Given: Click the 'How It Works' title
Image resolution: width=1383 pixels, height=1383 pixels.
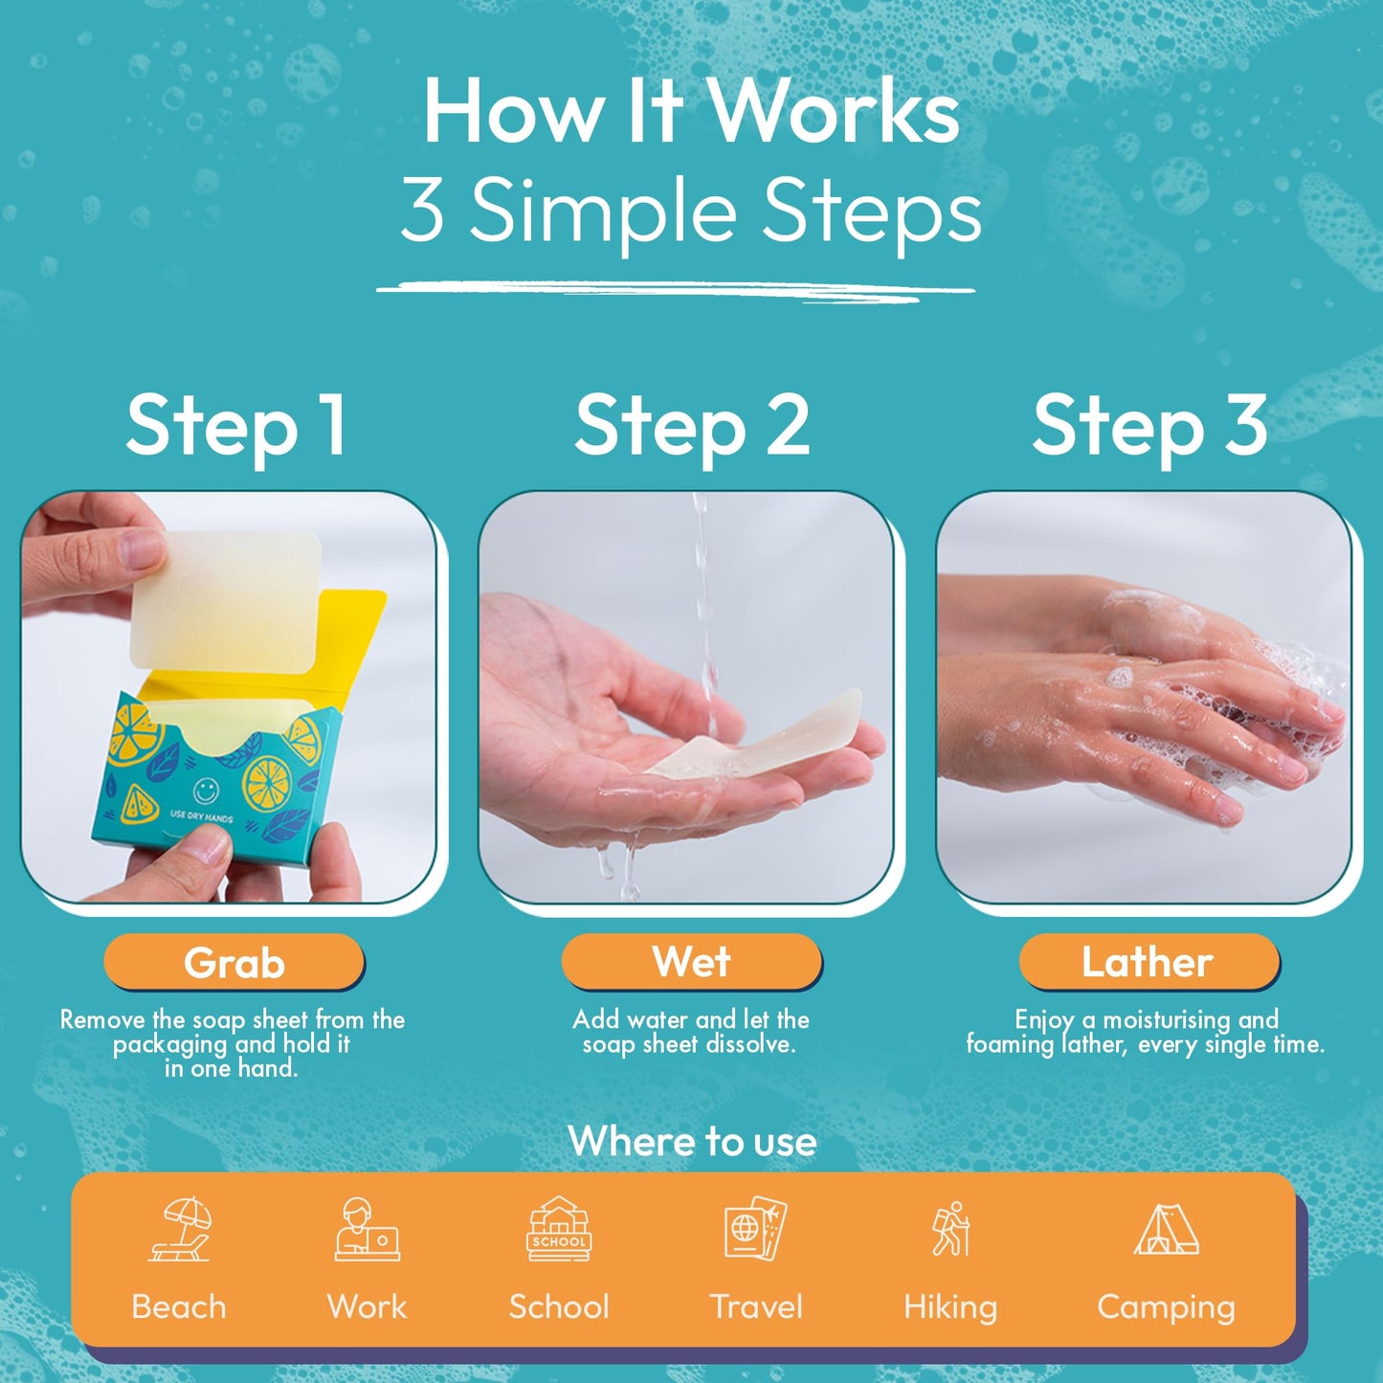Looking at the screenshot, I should point(691,112).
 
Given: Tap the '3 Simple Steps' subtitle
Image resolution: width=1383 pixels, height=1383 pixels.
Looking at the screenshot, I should point(691,211).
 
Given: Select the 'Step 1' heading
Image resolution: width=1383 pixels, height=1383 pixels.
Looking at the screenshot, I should point(235,426).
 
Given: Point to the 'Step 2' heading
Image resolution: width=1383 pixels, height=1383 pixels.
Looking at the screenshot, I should point(692,426).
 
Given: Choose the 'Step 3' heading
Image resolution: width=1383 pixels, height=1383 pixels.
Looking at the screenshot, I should point(1149,426).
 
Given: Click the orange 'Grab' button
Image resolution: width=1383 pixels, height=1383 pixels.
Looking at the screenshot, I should point(234,963).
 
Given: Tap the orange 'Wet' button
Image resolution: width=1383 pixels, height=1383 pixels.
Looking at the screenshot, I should point(691,961).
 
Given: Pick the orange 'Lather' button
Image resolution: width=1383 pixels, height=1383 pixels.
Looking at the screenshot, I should point(1148,961).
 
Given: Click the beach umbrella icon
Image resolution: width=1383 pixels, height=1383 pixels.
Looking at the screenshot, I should point(180,1229).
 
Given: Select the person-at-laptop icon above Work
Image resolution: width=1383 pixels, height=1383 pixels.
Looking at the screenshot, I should point(367,1229).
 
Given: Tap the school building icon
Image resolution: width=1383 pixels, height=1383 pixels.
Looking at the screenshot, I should point(560,1229).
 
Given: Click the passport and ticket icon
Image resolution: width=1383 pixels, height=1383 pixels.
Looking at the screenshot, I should point(755,1229).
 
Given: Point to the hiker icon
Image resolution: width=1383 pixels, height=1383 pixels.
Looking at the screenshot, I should point(951,1229).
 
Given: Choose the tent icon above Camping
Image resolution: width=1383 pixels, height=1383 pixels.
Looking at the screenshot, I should point(1166,1229).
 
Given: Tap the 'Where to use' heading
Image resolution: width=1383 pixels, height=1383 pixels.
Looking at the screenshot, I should point(692,1141).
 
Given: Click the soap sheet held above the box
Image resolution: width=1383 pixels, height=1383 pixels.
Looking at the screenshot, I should point(227,599).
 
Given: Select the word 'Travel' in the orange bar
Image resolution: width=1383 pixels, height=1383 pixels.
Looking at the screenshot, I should point(756,1306).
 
